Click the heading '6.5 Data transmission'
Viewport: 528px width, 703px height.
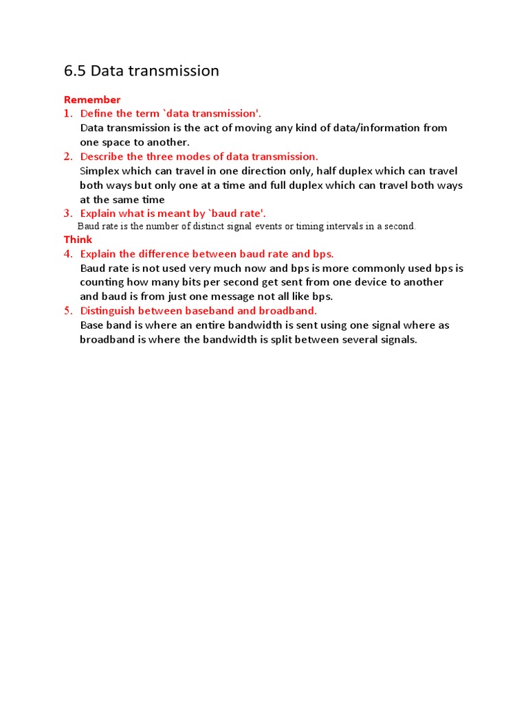coord(142,71)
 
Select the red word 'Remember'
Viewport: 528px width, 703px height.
coord(92,100)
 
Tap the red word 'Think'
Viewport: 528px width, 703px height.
coord(78,240)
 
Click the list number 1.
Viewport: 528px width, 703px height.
coord(67,113)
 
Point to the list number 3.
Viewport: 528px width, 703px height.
coord(67,214)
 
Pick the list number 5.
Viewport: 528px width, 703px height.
coord(67,311)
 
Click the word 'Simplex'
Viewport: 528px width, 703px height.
coord(102,171)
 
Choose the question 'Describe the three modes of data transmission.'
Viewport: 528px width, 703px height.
coord(199,157)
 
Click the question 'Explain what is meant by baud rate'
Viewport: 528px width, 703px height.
coord(173,214)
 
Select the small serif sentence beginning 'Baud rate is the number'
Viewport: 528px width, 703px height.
coord(247,226)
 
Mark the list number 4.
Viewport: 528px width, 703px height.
coord(67,254)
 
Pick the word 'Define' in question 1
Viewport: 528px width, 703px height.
coord(97,113)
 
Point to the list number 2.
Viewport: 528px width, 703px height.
coord(67,157)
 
